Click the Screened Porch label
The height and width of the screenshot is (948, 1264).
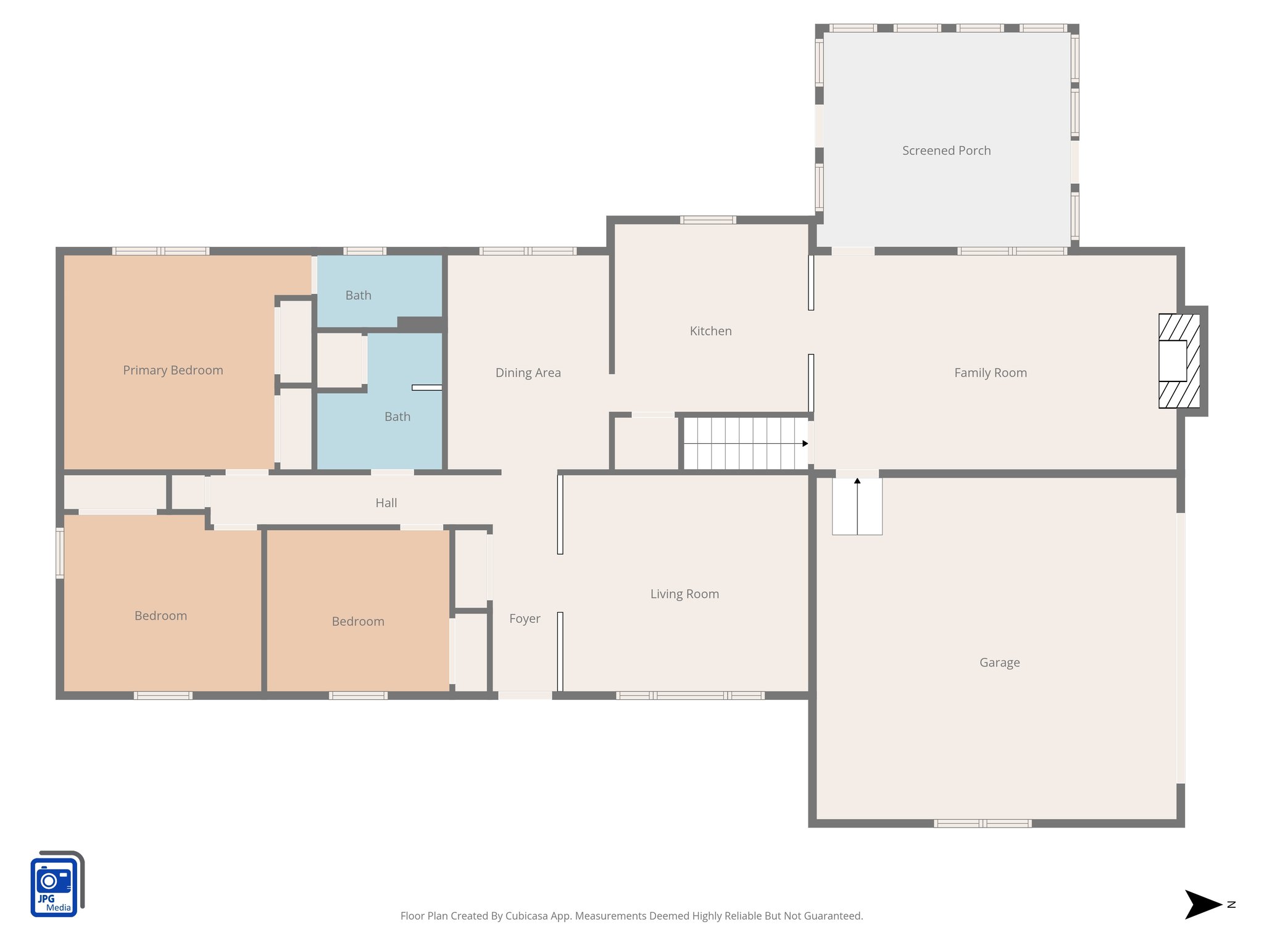click(x=946, y=151)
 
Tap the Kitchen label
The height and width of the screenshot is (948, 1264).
click(x=710, y=331)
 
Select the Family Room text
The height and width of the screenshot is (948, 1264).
click(x=990, y=373)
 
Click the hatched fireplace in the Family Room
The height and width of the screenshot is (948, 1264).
click(x=1179, y=361)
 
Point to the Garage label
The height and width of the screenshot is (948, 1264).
click(x=999, y=662)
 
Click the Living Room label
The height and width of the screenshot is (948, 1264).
click(x=684, y=594)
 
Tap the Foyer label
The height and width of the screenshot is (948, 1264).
click(x=525, y=618)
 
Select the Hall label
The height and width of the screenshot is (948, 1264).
click(x=386, y=503)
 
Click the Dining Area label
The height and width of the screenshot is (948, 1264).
click(x=528, y=373)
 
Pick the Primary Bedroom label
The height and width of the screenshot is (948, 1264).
click(x=173, y=370)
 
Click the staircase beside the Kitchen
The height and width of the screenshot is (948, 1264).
click(x=745, y=443)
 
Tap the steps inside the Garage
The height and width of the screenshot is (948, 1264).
click(x=857, y=506)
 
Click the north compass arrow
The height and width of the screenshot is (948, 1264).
click(x=1204, y=905)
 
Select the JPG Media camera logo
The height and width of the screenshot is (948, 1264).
click(x=57, y=884)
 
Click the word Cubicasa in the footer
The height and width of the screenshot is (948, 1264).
click(x=526, y=916)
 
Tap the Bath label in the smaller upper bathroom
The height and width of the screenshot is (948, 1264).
click(x=358, y=295)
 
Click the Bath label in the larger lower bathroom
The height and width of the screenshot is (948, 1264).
click(x=397, y=417)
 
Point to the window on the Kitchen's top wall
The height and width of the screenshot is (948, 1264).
click(x=708, y=220)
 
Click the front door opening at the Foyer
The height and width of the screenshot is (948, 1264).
click(x=525, y=696)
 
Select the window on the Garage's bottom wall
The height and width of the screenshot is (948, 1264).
click(x=982, y=823)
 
